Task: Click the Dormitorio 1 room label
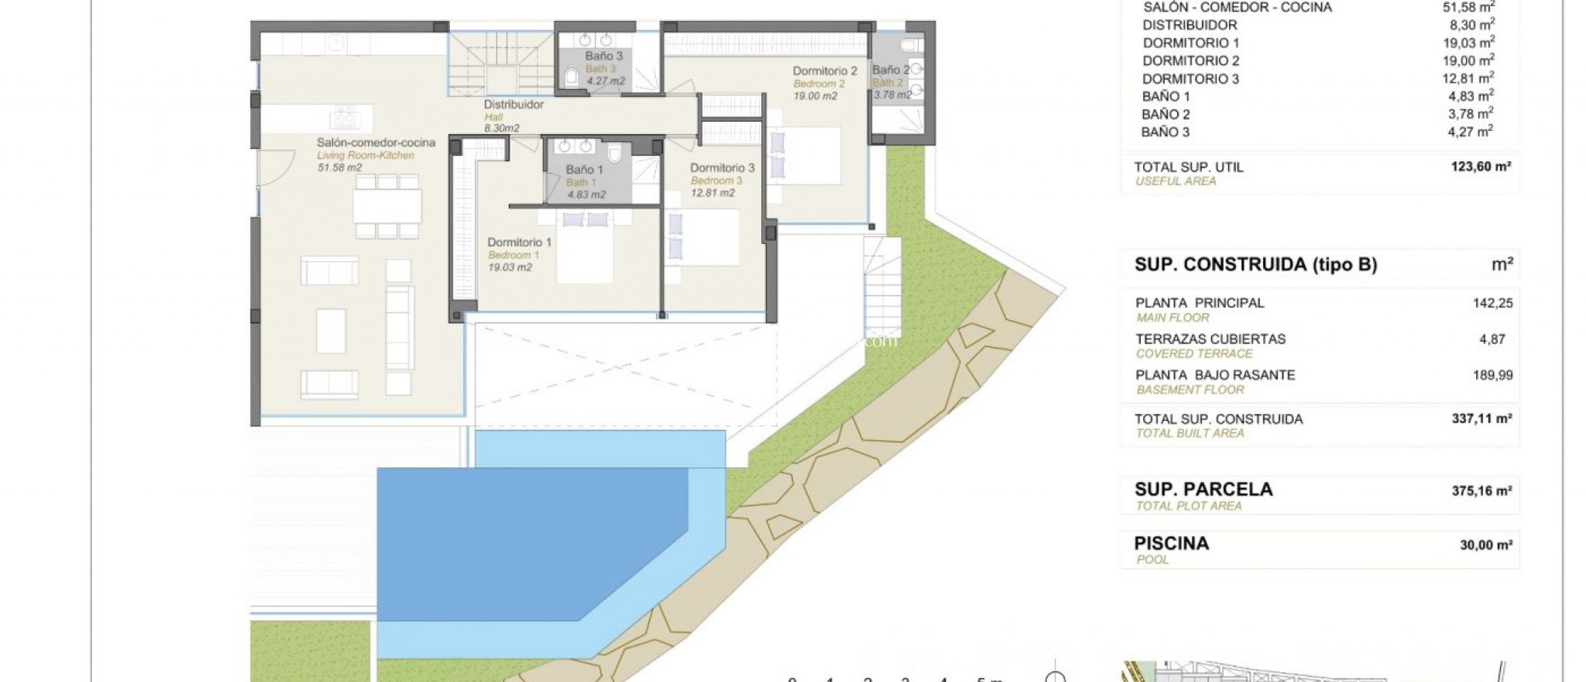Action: point(520,243)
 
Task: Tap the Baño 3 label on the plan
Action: point(603,56)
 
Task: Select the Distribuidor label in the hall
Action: point(513,105)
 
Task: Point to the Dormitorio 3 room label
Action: point(722,167)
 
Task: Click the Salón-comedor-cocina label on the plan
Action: point(376,143)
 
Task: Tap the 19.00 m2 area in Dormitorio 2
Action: point(815,96)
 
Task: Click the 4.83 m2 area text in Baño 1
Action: point(586,195)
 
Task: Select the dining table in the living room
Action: point(387,206)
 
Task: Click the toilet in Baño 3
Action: point(572,76)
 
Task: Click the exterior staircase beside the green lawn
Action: point(882,287)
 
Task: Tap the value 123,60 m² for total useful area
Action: point(1481,167)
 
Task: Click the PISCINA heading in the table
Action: point(1171,543)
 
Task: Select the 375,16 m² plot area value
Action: point(1481,491)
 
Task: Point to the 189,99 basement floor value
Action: point(1492,375)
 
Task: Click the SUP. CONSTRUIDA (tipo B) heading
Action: point(1255,265)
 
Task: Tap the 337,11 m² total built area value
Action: point(1481,418)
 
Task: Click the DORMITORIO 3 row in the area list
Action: point(1190,79)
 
